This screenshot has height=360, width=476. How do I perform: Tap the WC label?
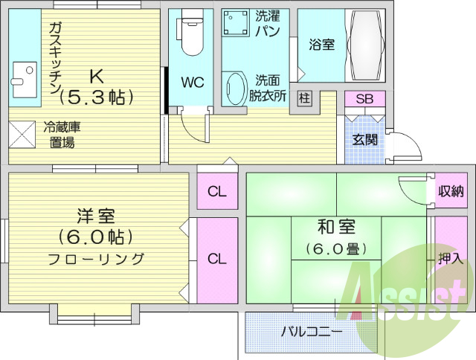click(193, 83)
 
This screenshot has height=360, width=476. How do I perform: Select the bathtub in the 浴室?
click(365, 45)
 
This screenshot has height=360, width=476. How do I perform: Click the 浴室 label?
click(322, 45)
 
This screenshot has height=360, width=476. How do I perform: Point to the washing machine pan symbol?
click(235, 23)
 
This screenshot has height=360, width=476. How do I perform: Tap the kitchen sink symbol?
click(25, 80)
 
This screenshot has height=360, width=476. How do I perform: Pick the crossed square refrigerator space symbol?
click(22, 135)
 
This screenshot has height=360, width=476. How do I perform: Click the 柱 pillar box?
click(304, 98)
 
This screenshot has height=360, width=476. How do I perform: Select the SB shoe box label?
click(364, 99)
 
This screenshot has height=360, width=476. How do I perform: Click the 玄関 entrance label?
click(365, 140)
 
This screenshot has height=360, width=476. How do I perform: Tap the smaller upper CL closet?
click(217, 191)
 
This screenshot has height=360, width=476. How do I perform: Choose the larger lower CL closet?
click(217, 260)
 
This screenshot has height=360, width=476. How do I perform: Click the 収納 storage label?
click(451, 191)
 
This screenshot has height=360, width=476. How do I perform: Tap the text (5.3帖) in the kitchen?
click(96, 97)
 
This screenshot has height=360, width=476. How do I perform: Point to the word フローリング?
click(96, 259)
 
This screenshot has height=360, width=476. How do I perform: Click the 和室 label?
click(336, 227)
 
